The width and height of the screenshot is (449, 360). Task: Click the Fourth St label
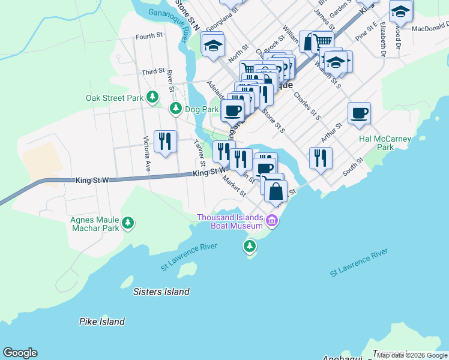tap(149, 37)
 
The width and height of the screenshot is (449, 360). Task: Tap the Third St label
tap(153, 72)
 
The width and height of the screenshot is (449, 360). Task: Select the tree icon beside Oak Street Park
tap(153, 97)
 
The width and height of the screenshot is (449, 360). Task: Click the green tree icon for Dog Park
tap(175, 109)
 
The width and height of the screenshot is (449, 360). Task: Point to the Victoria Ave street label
tap(146, 154)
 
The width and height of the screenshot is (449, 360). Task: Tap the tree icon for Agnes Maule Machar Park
tap(127, 223)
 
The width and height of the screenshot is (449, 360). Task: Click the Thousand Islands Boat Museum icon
tap(272, 221)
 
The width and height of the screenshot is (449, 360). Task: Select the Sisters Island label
tap(161, 292)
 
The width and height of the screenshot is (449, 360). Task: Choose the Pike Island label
tap(102, 322)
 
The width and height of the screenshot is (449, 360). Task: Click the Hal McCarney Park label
tap(385, 143)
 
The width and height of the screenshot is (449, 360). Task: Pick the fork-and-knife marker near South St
tap(321, 158)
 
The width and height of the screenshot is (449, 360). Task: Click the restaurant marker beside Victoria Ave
tap(164, 141)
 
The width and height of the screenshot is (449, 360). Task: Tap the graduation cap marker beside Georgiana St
tap(213, 46)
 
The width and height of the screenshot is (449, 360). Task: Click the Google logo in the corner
tap(20, 353)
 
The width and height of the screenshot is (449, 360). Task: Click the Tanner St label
tap(199, 154)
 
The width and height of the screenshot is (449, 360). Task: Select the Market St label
tap(234, 185)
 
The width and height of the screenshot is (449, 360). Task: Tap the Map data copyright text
tap(412, 355)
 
